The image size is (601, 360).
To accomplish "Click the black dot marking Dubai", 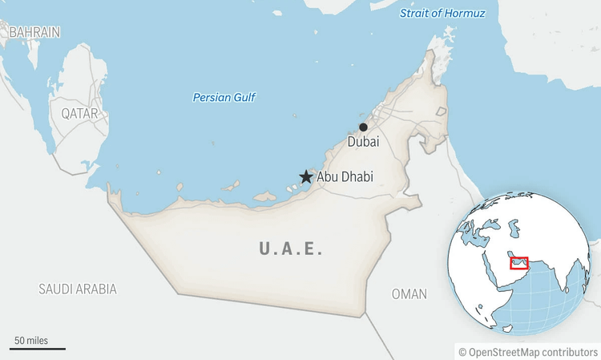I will (x=363, y=127).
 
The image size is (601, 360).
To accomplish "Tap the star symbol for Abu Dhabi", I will (x=305, y=177).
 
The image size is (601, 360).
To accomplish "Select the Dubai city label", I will (x=363, y=142).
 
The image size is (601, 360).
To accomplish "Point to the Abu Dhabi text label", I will (x=345, y=177).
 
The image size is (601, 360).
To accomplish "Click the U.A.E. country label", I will (x=291, y=249).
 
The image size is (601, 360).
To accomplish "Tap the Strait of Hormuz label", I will (x=442, y=14).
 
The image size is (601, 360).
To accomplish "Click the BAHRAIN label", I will (x=34, y=32).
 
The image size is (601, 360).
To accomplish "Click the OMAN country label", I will (x=409, y=294).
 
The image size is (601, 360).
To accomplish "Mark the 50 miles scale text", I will (x=30, y=341).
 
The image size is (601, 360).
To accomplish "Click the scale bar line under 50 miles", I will (x=38, y=349).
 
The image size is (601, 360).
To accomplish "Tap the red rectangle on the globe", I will (x=518, y=263).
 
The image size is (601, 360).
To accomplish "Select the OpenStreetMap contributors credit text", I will (x=534, y=352).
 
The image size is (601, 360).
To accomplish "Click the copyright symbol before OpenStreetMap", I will (x=462, y=352).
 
